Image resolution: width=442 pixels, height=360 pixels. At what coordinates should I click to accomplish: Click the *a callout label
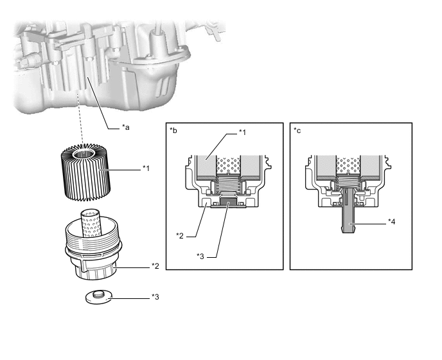(126, 127)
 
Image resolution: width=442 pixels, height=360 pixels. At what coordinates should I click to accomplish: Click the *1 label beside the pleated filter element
(146, 168)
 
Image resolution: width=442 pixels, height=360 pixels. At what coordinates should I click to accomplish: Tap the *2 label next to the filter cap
(155, 266)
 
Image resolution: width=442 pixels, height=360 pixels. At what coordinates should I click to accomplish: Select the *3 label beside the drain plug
(155, 297)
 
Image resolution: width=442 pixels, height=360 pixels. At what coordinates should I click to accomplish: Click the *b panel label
(173, 130)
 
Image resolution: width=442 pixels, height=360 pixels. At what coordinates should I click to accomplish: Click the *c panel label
(297, 130)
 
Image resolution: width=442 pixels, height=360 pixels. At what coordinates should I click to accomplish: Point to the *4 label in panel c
(391, 222)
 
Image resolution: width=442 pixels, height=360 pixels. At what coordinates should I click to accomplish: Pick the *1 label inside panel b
(242, 132)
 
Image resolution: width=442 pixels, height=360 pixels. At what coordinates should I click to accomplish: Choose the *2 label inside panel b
(180, 235)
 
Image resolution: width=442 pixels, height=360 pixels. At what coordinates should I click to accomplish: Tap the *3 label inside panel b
(200, 256)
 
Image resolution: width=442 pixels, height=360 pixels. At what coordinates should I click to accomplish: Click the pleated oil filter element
(85, 173)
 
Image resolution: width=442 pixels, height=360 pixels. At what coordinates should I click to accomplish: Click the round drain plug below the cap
(99, 298)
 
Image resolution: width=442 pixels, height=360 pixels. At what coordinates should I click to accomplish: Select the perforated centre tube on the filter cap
(91, 223)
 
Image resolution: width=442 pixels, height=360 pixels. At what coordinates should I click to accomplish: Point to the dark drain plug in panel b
(228, 202)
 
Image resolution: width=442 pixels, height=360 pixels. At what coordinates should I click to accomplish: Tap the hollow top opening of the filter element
(84, 154)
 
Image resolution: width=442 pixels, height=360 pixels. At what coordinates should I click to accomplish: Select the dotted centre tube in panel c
(348, 165)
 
